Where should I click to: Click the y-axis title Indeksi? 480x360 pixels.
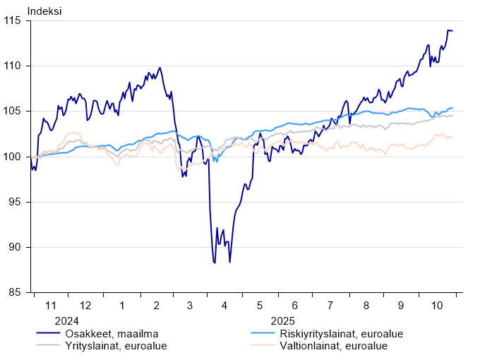pyautogui.click(x=44, y=11)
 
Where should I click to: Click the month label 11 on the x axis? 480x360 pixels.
pyautogui.click(x=51, y=306)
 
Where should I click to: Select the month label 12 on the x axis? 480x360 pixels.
pyautogui.click(x=86, y=306)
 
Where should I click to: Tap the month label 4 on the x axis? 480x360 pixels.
pyautogui.click(x=224, y=306)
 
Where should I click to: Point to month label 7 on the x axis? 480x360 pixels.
pyautogui.click(x=330, y=306)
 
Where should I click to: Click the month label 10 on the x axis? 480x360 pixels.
pyautogui.click(x=437, y=306)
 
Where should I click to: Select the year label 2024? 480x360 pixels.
pyautogui.click(x=51, y=320)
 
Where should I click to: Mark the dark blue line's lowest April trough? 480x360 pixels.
pyautogui.click(x=214, y=263)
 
